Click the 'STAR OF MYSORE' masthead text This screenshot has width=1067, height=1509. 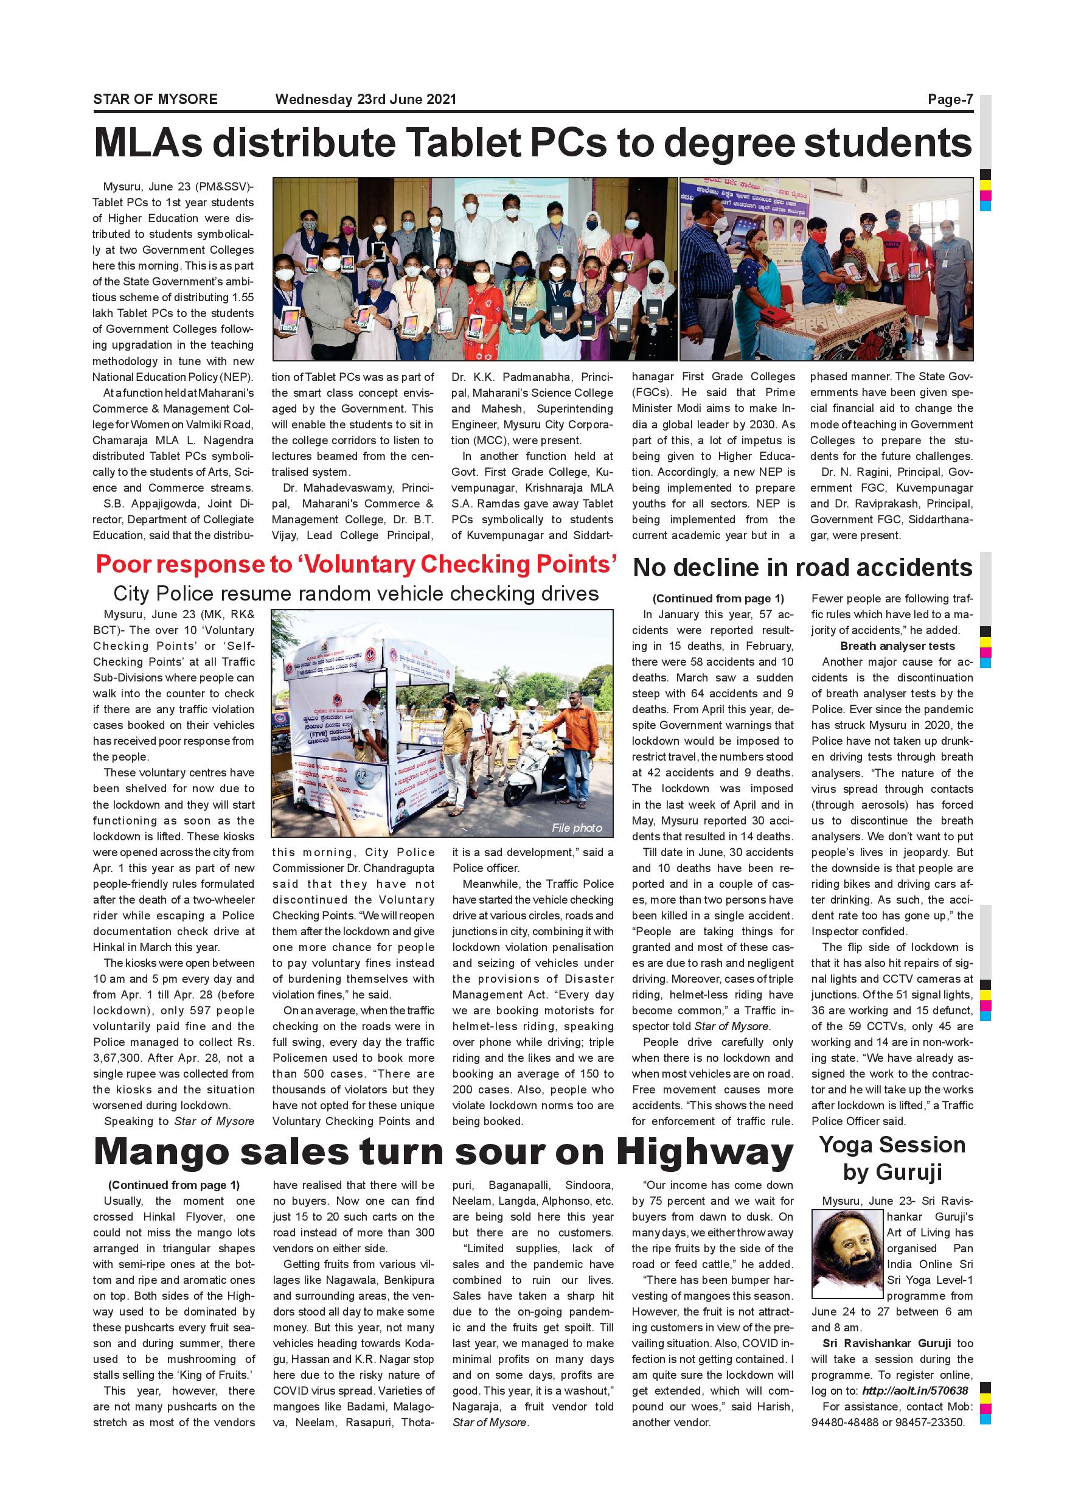(x=155, y=99)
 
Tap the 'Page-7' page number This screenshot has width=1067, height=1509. (x=950, y=99)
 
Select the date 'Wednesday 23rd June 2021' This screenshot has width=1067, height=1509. (x=366, y=99)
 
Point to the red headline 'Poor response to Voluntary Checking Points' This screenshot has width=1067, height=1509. (x=356, y=565)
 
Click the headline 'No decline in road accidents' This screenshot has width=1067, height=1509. (x=802, y=568)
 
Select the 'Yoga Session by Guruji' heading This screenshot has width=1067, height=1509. (x=892, y=1158)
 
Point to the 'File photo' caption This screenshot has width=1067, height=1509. (x=576, y=828)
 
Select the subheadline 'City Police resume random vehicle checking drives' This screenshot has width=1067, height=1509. (x=356, y=593)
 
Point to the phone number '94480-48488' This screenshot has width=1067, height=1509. (x=843, y=1422)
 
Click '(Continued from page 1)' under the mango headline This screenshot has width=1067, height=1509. (x=173, y=1185)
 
